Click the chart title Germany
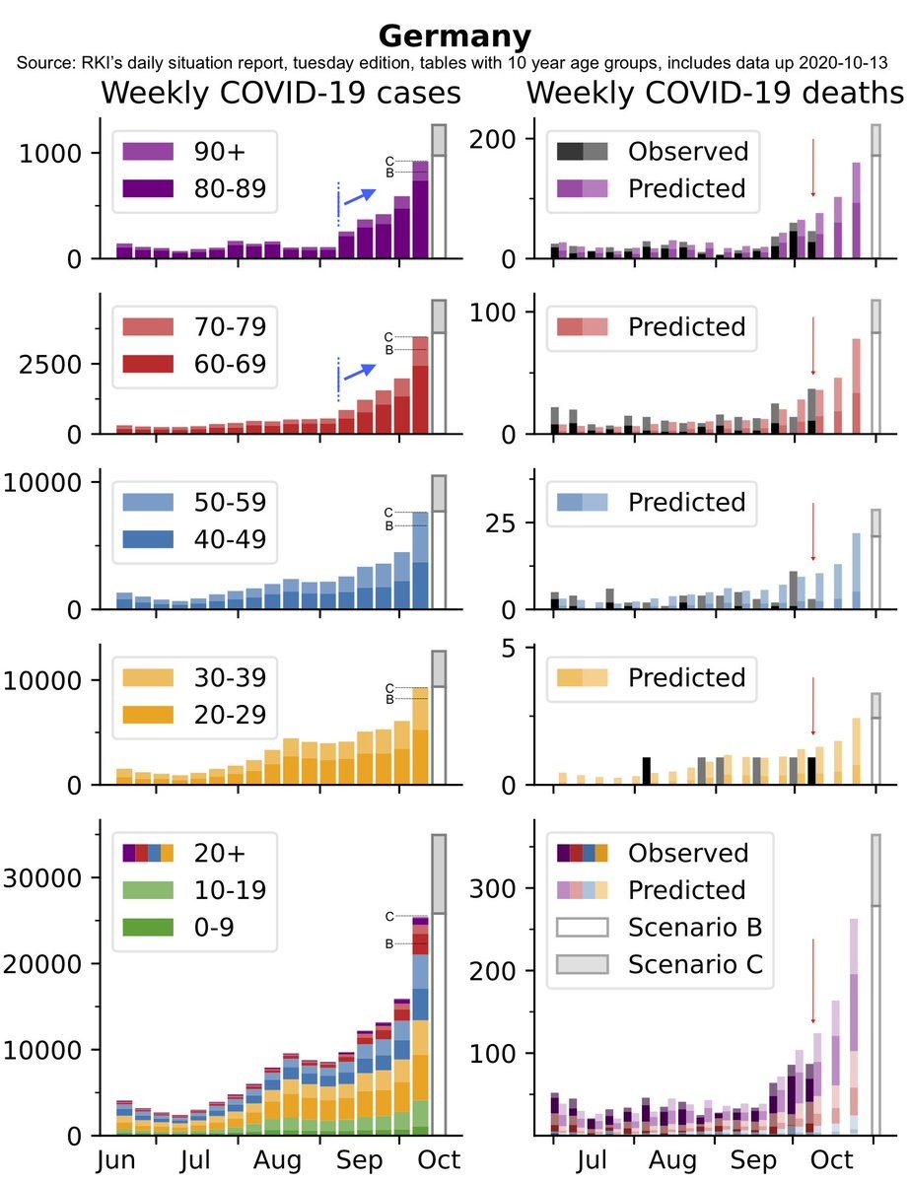pyautogui.click(x=455, y=36)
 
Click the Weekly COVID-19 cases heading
pyautogui.click(x=281, y=94)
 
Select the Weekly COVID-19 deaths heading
pyautogui.click(x=715, y=94)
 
